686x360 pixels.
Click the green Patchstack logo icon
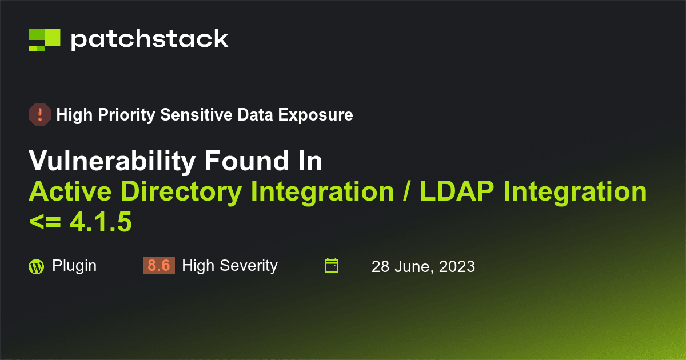pos(44,39)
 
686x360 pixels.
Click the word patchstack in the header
pos(150,39)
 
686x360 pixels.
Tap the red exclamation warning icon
pos(39,115)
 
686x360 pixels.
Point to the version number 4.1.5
pos(101,222)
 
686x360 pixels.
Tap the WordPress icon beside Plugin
pos(36,267)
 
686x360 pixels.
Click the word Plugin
pos(74,266)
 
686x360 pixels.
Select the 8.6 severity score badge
pos(158,266)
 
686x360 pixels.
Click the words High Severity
pos(229,266)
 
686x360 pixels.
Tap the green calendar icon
pos(332,266)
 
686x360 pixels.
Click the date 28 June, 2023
pos(423,267)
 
